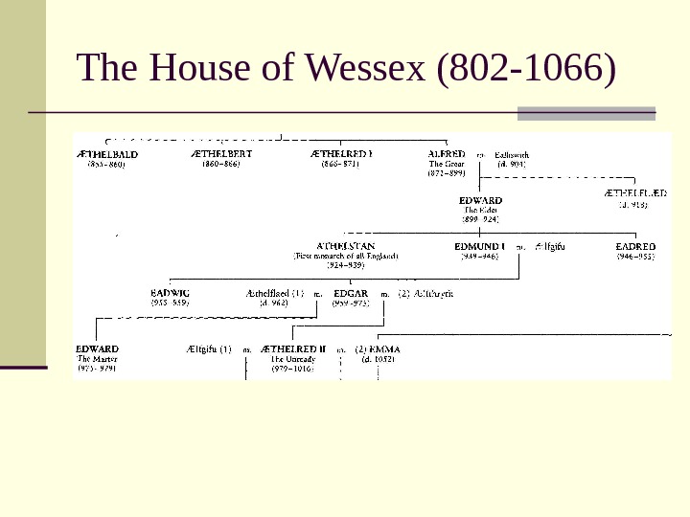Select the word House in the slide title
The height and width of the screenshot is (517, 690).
pos(195,70)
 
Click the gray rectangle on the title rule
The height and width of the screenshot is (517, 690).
pos(586,113)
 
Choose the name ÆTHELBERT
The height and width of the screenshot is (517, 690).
pos(220,153)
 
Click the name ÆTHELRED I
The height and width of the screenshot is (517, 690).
pos(341,153)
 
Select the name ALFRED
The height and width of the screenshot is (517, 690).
pos(447,153)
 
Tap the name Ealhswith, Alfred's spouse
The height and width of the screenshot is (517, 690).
pos(513,154)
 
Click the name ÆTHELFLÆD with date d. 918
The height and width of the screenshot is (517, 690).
pos(635,192)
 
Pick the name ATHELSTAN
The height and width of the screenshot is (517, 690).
pos(346,246)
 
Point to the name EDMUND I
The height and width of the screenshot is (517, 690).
pos(479,246)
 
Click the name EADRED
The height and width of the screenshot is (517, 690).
pos(635,246)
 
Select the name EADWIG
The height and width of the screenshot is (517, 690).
pos(170,293)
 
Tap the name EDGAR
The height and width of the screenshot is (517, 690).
pos(350,293)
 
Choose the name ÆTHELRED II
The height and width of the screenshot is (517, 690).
pos(294,349)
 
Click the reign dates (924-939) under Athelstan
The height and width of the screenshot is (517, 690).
pos(345,265)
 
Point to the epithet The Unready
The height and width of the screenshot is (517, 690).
pos(293,359)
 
